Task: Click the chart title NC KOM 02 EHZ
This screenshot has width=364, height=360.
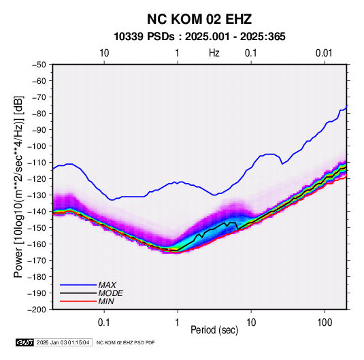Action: [199, 19]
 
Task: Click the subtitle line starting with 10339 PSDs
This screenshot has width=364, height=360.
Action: [199, 37]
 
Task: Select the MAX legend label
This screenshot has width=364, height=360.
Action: [107, 285]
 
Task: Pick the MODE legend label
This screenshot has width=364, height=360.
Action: [110, 293]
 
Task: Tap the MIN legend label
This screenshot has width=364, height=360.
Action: [106, 301]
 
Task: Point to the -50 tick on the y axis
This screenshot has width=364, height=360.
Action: [39, 65]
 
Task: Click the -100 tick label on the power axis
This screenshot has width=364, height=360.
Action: [37, 146]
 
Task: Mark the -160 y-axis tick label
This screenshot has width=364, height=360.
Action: [37, 244]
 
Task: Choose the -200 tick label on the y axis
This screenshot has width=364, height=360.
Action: [37, 310]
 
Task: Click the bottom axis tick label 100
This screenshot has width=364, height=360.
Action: [325, 323]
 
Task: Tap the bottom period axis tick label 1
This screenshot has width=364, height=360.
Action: [177, 323]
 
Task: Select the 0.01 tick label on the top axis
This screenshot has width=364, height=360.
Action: [324, 53]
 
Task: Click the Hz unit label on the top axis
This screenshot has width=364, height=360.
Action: [214, 53]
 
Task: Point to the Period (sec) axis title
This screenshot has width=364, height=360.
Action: [214, 330]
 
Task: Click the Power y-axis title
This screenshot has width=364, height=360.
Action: [18, 186]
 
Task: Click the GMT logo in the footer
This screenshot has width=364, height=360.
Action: [24, 342]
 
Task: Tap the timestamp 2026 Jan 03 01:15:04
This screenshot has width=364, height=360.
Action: [63, 342]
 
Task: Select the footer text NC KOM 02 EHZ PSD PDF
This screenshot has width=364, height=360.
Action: [125, 342]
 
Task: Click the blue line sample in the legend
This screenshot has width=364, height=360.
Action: [78, 285]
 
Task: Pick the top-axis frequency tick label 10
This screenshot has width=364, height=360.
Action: [104, 53]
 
